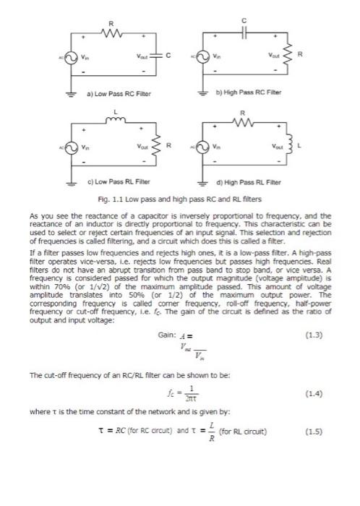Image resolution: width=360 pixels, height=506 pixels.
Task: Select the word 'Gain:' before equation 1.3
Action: pos(167,335)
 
